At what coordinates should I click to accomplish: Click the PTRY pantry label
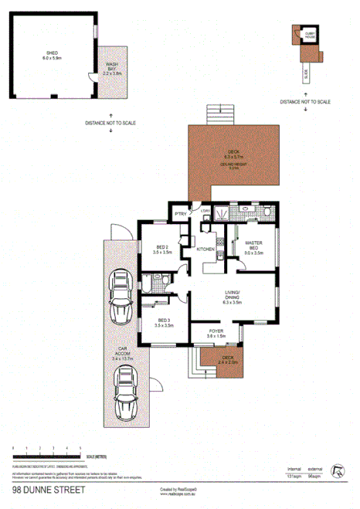(x=180, y=214)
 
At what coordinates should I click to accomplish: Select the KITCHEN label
(x=205, y=249)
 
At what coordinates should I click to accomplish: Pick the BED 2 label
(x=161, y=249)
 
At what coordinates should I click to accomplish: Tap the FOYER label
(x=216, y=332)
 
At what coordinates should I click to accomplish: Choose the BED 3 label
(x=164, y=323)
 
